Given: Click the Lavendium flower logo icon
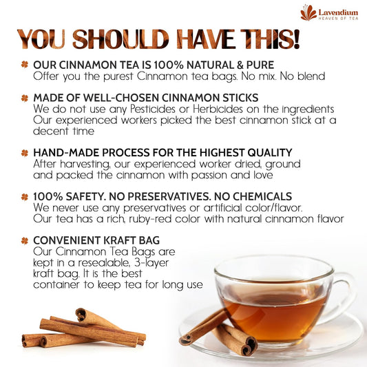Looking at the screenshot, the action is (x=308, y=12).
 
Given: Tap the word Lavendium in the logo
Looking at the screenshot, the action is (x=338, y=12).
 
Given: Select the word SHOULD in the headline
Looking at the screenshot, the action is (x=120, y=39).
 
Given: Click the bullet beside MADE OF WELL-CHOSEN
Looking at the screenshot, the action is (x=25, y=98).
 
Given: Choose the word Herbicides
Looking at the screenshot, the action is (x=218, y=109).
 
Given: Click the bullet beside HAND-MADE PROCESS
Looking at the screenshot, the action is (x=25, y=153).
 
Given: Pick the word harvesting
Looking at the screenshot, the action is (x=85, y=165).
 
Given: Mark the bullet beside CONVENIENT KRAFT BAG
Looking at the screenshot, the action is (x=25, y=240).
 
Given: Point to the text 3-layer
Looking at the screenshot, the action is (x=151, y=263).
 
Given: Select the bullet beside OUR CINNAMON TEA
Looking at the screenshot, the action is (x=25, y=64).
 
